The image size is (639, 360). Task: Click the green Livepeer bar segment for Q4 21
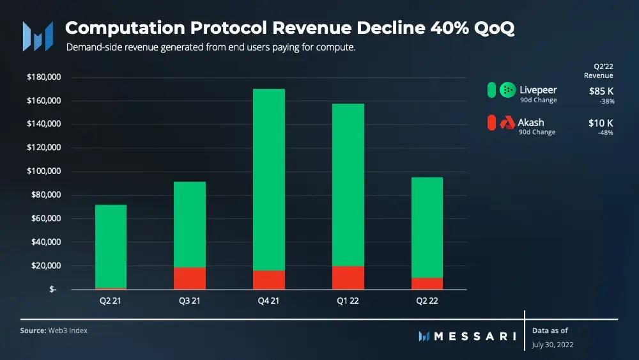269,179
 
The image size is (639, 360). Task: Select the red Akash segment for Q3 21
190,278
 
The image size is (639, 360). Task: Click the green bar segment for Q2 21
111,246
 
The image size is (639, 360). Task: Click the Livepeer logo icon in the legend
507,90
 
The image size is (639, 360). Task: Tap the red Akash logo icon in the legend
507,121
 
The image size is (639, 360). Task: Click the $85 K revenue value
601,91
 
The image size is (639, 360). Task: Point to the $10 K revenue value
601,122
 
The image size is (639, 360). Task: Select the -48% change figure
604,132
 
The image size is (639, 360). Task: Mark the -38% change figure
604,100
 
